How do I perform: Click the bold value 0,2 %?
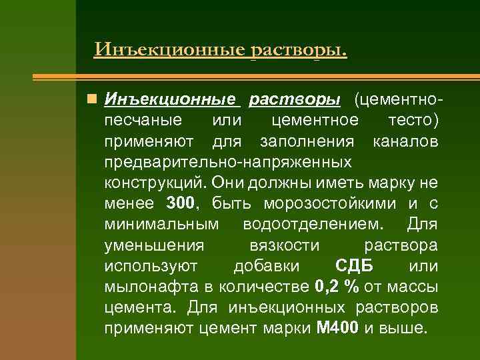336,287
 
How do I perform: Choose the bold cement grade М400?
339,329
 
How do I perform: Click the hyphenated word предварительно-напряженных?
227,162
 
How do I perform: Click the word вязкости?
284,245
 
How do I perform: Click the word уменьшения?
154,245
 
